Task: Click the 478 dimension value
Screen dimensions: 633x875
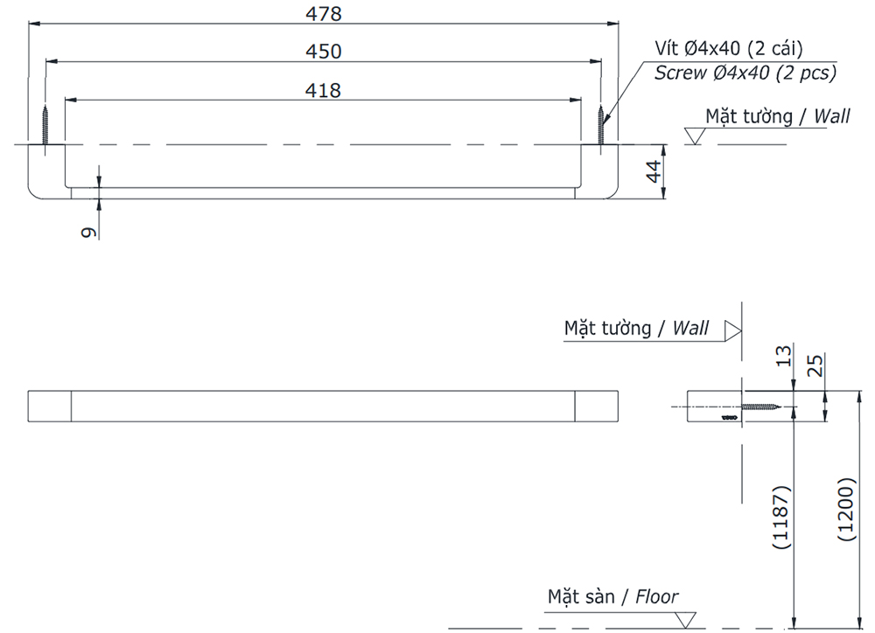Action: [x=324, y=14]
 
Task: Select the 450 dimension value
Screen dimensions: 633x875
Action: [x=324, y=52]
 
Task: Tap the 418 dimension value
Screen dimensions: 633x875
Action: [x=324, y=89]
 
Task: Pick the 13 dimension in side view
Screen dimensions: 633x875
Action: [x=784, y=355]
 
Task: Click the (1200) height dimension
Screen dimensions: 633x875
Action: [x=845, y=510]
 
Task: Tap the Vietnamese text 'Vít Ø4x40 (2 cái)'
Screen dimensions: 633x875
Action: [x=729, y=48]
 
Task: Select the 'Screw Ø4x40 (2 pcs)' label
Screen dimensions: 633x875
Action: [x=745, y=73]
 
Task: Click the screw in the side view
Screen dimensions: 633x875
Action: [x=760, y=407]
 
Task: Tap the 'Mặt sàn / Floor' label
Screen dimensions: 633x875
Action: [x=612, y=597]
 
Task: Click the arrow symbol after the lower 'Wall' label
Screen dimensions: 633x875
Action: [x=732, y=330]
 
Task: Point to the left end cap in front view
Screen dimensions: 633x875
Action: [x=50, y=407]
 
